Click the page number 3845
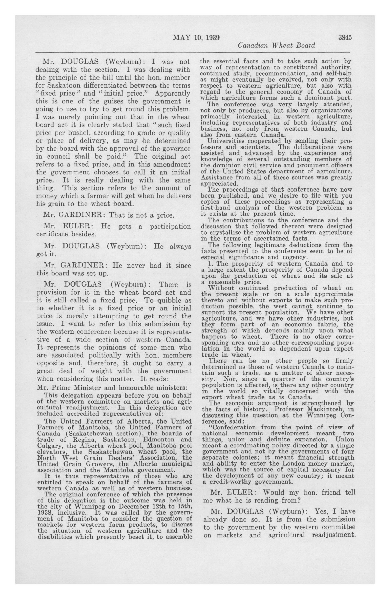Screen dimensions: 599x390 coord(345,37)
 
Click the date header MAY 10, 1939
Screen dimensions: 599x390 coord(196,38)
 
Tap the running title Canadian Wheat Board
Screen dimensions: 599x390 coord(277,46)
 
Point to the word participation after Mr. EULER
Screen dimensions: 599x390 coord(170,227)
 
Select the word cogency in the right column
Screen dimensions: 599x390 coord(295,257)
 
